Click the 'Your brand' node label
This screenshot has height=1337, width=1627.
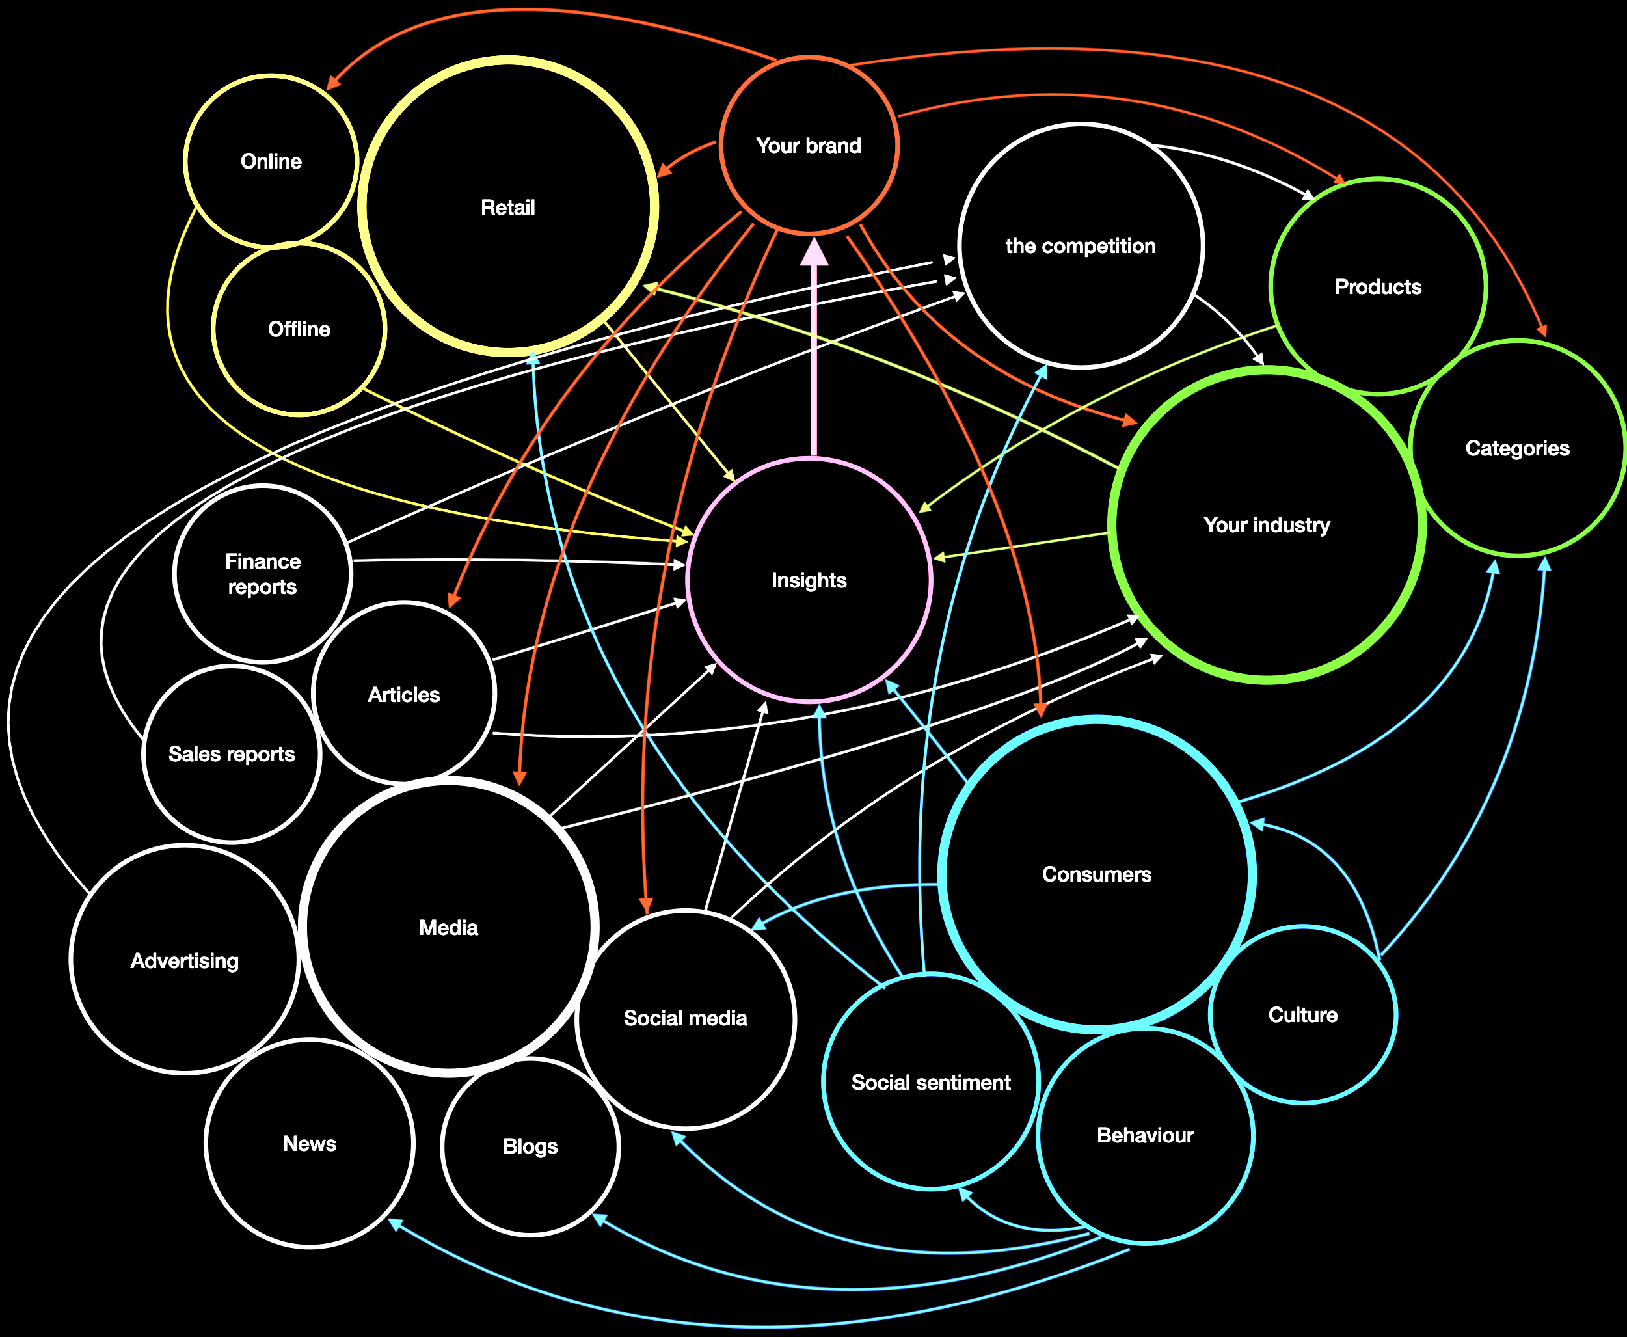(809, 146)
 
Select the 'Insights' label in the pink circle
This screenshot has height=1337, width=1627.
(809, 580)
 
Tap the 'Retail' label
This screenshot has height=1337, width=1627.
(507, 207)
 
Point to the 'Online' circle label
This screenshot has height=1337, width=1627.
(271, 161)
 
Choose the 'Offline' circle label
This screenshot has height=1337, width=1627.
(299, 329)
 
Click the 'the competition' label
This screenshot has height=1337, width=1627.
(1081, 246)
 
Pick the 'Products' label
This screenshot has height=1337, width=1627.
(1378, 286)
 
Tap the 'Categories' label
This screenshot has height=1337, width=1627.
(1517, 448)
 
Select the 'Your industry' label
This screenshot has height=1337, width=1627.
(1267, 524)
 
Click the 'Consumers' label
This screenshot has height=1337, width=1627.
(1096, 874)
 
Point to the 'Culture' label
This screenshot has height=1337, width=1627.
(1303, 1014)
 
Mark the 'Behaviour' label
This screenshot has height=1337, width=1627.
(1145, 1135)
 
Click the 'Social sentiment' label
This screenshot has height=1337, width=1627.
(931, 1082)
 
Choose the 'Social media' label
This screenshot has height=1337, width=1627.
(685, 1018)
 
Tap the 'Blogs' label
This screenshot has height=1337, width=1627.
(530, 1146)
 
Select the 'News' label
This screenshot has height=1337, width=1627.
(310, 1144)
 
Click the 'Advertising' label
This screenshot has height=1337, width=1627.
(185, 960)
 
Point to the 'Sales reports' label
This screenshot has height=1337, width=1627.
(232, 754)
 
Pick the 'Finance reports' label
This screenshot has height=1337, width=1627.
(263, 574)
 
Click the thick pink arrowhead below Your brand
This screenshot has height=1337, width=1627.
(814, 252)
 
